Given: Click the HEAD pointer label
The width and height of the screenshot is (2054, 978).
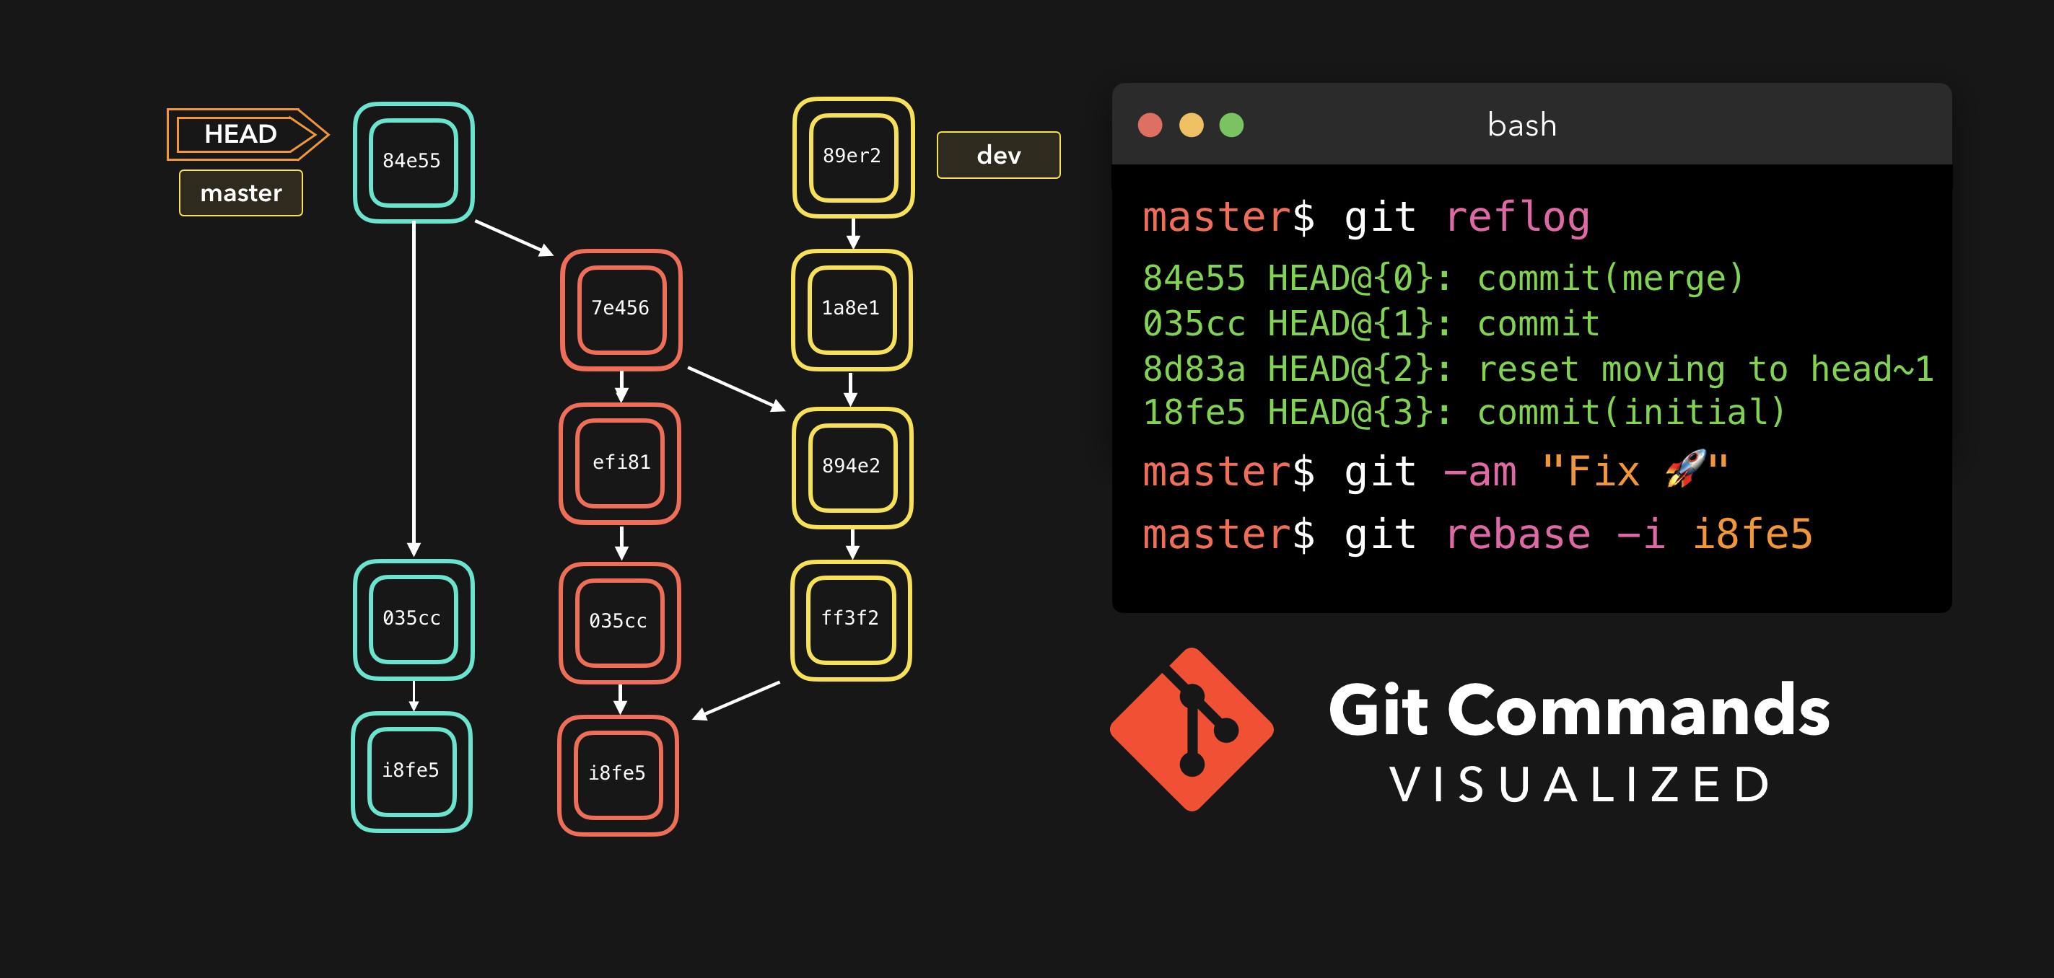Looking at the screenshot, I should (241, 134).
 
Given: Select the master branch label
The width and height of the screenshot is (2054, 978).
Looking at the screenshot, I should (241, 193).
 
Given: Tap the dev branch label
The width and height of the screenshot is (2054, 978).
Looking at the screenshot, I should (998, 156).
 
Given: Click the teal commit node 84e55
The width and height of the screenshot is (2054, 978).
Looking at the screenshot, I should (413, 162).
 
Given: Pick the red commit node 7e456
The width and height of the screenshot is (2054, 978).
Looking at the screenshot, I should (621, 309).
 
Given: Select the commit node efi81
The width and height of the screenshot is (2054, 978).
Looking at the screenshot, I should (621, 463).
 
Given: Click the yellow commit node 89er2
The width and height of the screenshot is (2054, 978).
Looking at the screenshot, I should (853, 157).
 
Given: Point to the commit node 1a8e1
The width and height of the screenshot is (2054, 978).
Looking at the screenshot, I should (852, 309).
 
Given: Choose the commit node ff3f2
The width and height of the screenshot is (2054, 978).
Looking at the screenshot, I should (851, 620).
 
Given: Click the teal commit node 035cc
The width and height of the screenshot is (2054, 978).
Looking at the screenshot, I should (413, 620).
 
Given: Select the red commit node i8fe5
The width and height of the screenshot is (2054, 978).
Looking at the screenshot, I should (618, 774).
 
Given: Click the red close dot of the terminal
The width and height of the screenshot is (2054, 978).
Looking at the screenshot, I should (1150, 125).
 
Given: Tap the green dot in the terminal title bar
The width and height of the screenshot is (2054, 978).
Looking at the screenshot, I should (1231, 125).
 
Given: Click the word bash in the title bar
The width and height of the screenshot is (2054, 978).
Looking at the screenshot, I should (1521, 125).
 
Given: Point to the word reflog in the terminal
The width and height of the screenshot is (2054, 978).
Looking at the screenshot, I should (1517, 218).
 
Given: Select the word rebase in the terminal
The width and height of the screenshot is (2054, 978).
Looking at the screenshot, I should (1517, 534).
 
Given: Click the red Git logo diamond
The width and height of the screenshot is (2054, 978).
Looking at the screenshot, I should (1192, 729).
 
